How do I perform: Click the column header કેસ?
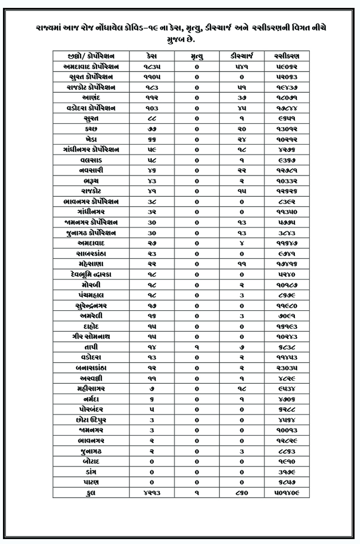coord(152,56)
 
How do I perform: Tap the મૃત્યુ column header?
coord(197,56)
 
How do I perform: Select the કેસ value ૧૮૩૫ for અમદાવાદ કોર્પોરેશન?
coord(152,66)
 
